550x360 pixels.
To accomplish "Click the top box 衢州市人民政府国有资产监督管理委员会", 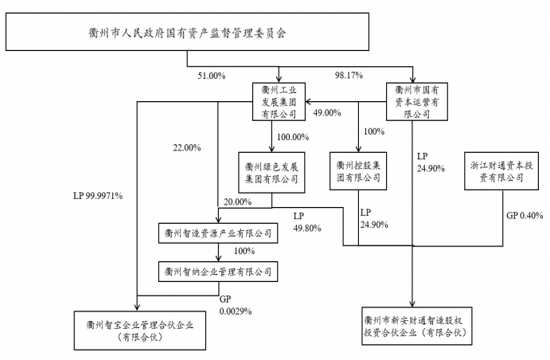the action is click(x=187, y=32).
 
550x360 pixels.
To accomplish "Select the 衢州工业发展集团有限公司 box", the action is click(x=279, y=102).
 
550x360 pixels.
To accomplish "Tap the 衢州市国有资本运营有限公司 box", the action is click(x=417, y=102).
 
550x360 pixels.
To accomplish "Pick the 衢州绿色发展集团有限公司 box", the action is click(x=271, y=172).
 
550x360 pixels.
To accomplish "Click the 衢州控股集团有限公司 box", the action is click(x=358, y=171).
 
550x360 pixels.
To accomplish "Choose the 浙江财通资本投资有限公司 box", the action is click(x=501, y=171).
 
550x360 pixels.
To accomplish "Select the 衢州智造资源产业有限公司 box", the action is click(x=218, y=233).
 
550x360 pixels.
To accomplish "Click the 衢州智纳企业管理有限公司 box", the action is click(x=218, y=272).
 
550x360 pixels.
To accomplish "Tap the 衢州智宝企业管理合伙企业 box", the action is click(x=140, y=331).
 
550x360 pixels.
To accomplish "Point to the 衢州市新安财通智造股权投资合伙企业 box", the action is click(x=417, y=326).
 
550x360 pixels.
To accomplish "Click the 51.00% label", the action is click(x=212, y=76).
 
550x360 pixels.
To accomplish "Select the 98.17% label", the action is click(x=349, y=75).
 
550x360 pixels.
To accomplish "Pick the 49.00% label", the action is click(x=327, y=112).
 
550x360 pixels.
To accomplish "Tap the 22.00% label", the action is click(x=187, y=147).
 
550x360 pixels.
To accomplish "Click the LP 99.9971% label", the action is click(x=98, y=196).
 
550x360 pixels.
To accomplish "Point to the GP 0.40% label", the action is click(x=525, y=215).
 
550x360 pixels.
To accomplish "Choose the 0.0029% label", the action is click(x=236, y=311).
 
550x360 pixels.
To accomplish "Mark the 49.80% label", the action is click(x=307, y=228).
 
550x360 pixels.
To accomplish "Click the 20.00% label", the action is click(x=238, y=202).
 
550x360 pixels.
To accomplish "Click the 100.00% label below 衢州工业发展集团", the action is click(x=293, y=137).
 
